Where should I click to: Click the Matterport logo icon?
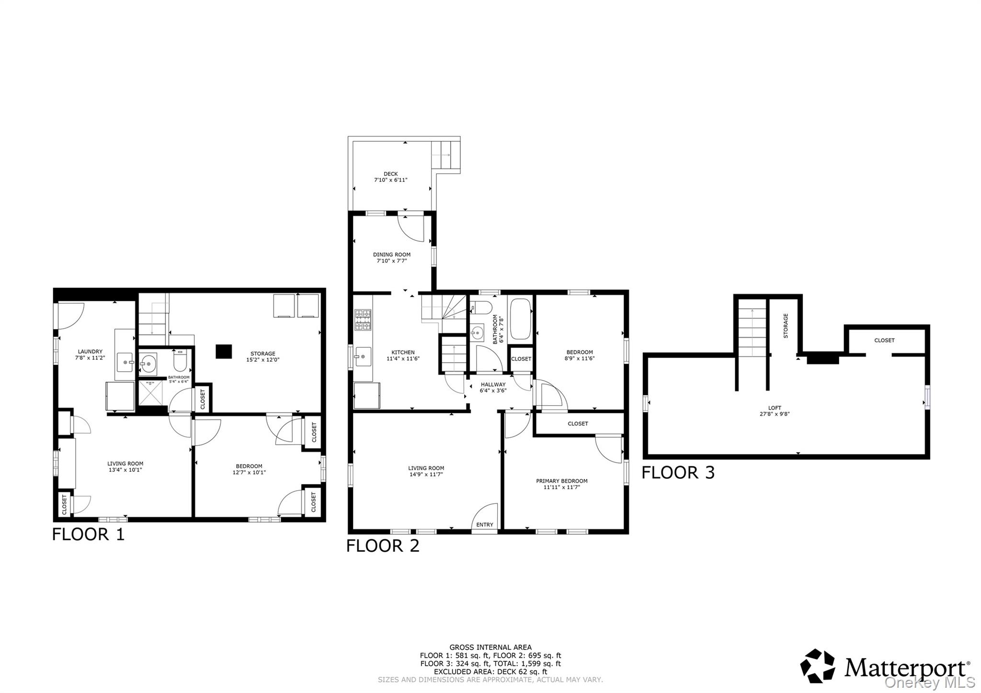(x=818, y=666)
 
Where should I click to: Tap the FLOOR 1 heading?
(x=88, y=534)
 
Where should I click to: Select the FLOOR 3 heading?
(x=678, y=473)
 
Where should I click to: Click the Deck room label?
(x=391, y=174)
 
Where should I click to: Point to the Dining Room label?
(x=392, y=255)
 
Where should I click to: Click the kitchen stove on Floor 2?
(x=363, y=320)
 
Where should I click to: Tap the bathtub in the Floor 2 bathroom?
(x=520, y=319)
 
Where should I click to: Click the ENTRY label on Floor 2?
(x=485, y=525)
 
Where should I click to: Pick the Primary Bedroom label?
(x=562, y=481)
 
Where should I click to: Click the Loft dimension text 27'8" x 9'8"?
(x=775, y=414)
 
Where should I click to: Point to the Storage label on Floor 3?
(x=786, y=326)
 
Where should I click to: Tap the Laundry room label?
(x=90, y=352)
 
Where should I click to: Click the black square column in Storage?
(x=224, y=352)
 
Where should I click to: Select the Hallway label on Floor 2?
(x=493, y=384)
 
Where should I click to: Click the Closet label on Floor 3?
(x=884, y=341)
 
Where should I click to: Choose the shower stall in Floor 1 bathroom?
(x=150, y=393)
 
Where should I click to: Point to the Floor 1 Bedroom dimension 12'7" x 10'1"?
(x=249, y=472)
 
